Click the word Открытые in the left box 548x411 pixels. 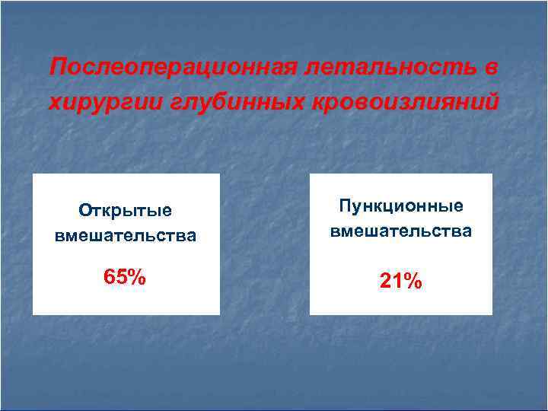[x=126, y=211]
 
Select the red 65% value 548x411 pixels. [x=126, y=277]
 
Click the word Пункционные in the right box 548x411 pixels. [x=401, y=206]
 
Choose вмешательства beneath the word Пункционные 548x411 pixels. [x=401, y=231]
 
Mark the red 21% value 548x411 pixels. [x=401, y=282]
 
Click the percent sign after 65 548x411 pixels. [x=137, y=277]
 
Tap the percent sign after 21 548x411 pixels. [x=413, y=282]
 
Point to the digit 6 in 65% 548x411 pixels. [x=110, y=277]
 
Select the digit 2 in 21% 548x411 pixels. [x=386, y=282]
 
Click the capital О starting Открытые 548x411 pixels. [x=84, y=211]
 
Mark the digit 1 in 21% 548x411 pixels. [x=397, y=282]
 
